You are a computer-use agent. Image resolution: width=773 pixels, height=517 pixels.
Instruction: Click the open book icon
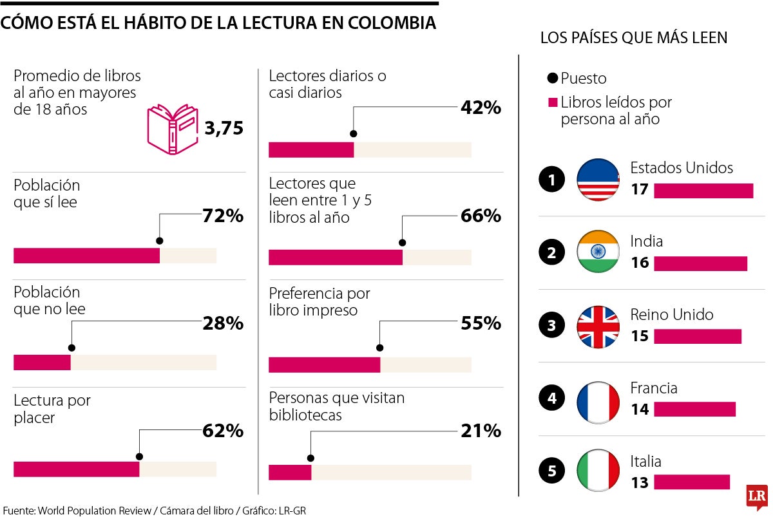pyautogui.click(x=173, y=129)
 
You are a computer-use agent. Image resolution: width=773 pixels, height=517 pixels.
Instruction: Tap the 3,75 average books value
pyautogui.click(x=224, y=129)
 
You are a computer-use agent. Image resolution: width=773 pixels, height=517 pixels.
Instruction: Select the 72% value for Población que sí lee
pyautogui.click(x=223, y=216)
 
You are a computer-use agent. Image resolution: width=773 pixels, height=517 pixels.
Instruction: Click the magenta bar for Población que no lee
pyautogui.click(x=42, y=362)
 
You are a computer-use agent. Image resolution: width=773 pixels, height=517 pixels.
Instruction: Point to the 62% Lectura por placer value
pyautogui.click(x=223, y=431)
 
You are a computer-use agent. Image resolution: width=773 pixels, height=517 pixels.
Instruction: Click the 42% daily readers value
pyautogui.click(x=481, y=108)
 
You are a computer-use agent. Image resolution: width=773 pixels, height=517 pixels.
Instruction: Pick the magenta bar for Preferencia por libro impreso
pyautogui.click(x=324, y=364)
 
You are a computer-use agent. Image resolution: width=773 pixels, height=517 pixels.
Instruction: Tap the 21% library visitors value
pyautogui.click(x=481, y=431)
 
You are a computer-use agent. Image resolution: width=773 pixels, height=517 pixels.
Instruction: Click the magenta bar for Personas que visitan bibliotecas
pyautogui.click(x=290, y=472)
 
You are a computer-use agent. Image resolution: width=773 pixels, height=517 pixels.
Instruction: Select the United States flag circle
pyautogui.click(x=598, y=180)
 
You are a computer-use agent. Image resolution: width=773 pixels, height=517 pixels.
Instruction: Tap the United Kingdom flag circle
pyautogui.click(x=598, y=326)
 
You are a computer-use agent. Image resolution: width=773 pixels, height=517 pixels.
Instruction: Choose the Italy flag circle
pyautogui.click(x=598, y=472)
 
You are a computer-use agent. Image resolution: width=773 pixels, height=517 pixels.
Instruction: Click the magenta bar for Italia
pyautogui.click(x=691, y=482)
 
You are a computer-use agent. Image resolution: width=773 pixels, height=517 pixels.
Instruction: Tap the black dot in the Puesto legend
pyautogui.click(x=552, y=79)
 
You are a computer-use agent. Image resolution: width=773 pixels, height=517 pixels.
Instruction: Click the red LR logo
pyautogui.click(x=756, y=496)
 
